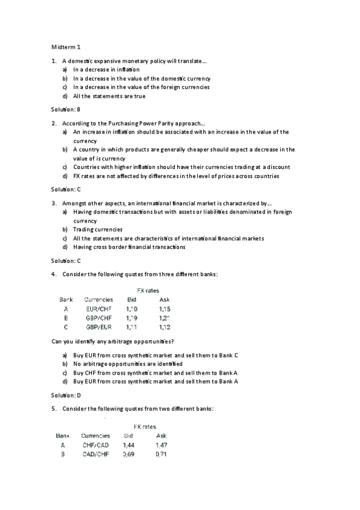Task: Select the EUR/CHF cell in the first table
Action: coord(99,309)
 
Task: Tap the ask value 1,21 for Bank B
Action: coord(165,318)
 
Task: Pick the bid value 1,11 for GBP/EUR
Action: coord(132,327)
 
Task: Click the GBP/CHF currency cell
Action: coord(99,318)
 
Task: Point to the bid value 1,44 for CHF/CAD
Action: coord(129,445)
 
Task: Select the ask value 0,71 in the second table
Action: coord(160,454)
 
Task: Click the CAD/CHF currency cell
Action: coord(96,454)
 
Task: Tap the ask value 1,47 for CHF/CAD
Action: coord(161,445)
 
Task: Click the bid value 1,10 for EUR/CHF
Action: coord(132,309)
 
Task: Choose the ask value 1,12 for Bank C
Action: coord(165,327)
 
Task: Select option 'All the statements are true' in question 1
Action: coord(109,96)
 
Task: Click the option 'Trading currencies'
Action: coord(97,229)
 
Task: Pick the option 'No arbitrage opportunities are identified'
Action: coord(127,364)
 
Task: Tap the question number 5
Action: coord(53,409)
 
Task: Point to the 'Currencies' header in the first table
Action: coord(99,299)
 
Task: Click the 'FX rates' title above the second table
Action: coord(144,426)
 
